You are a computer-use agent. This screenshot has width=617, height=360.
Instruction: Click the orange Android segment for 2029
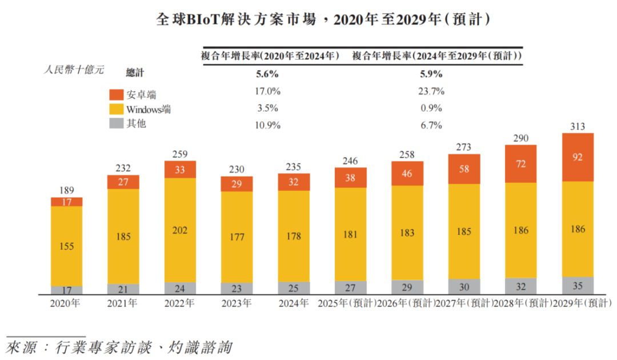578,157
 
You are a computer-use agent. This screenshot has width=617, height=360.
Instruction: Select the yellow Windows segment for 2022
180,230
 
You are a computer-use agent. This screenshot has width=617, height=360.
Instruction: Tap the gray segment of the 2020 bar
66,290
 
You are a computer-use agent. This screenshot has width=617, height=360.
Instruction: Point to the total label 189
66,190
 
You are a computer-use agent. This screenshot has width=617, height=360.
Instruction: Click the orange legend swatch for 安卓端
116,94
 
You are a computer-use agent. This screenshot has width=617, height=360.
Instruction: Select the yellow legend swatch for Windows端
116,109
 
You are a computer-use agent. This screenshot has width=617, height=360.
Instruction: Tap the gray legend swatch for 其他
116,123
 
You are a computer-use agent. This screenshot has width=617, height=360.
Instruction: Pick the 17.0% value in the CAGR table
267,91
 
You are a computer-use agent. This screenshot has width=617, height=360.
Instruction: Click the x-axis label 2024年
294,303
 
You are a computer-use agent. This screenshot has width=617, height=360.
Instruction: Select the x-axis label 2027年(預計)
464,303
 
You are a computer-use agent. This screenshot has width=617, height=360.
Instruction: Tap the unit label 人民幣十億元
74,70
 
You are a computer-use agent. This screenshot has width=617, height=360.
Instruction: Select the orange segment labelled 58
464,169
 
